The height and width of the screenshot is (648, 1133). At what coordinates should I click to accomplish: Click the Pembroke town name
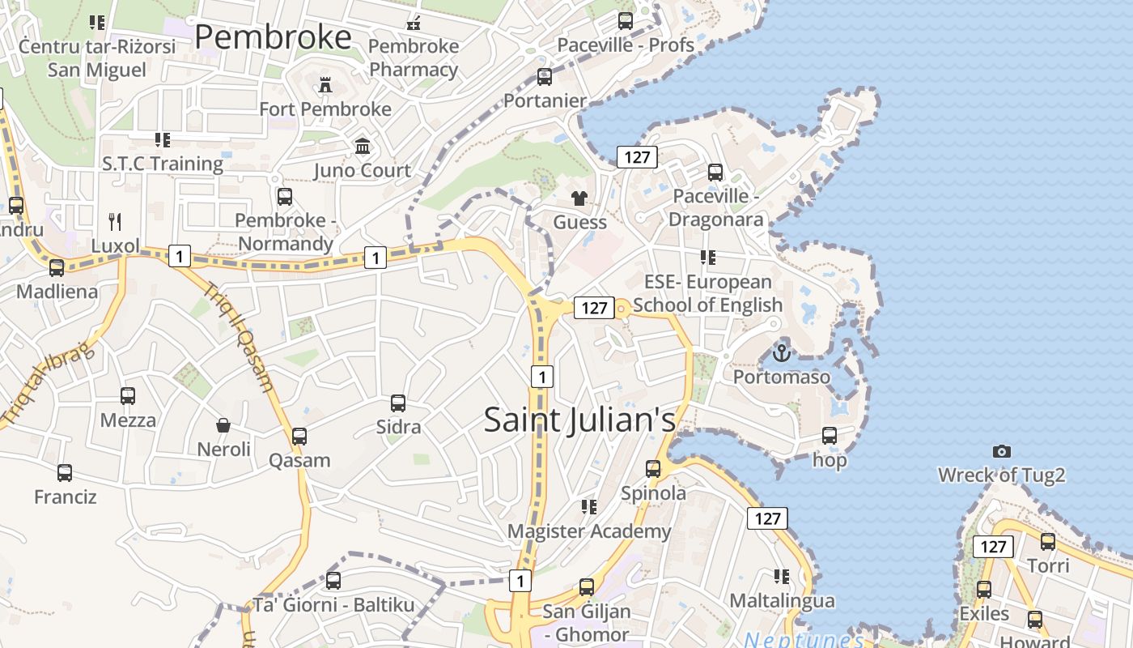tap(273, 37)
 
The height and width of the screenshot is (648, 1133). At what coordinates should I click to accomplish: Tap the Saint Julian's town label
tap(579, 420)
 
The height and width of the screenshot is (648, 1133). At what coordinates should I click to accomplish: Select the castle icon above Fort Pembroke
tap(325, 84)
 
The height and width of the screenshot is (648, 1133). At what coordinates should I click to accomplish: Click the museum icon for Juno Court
tap(363, 147)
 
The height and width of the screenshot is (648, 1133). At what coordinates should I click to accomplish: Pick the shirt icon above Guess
tap(579, 198)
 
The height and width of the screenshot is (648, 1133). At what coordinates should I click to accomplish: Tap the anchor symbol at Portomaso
tap(781, 353)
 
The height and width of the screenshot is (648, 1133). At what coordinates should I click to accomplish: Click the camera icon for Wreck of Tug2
tap(1002, 451)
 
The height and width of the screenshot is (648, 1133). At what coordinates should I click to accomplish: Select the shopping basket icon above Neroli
tap(223, 424)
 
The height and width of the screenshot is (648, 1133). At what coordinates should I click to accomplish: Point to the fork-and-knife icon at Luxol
tap(115, 221)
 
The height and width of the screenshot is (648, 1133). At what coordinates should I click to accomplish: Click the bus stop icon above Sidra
tap(398, 403)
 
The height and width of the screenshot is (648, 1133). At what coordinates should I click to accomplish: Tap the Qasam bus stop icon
tap(299, 436)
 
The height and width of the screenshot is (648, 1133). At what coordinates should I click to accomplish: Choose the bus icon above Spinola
tap(653, 468)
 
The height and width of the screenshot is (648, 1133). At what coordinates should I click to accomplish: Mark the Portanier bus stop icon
tap(545, 77)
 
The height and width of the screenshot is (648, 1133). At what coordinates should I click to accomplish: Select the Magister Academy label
tap(589, 531)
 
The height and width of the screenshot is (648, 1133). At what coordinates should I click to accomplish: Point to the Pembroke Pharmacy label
tap(414, 58)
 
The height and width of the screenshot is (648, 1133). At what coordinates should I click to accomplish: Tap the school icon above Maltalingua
tap(781, 577)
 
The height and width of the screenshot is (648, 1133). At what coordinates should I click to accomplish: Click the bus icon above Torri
tap(1048, 541)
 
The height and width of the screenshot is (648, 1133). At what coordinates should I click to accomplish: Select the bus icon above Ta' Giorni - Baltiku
tap(333, 580)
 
